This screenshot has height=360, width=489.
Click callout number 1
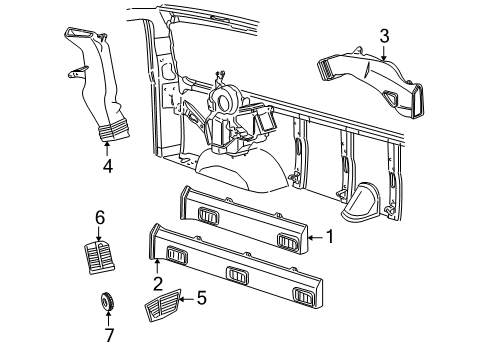pos(329,237)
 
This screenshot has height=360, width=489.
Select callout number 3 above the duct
pos(383,37)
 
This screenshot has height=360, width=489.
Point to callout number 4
pos(107,168)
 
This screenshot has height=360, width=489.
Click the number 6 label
pos(99,217)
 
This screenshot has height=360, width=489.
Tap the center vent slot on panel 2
pos(236,273)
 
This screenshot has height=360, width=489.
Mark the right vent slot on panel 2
pos(303,293)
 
